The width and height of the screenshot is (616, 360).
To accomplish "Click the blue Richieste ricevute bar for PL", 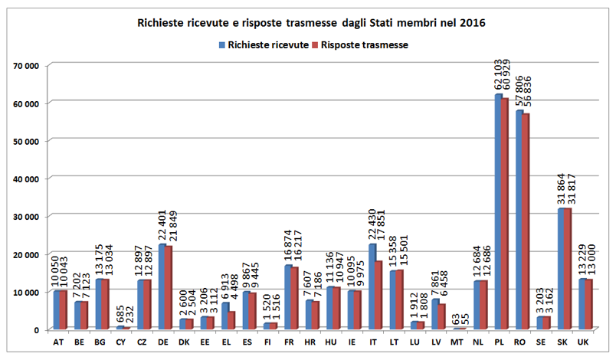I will [x=498, y=211].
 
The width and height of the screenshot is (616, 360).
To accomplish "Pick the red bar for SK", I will [x=568, y=269].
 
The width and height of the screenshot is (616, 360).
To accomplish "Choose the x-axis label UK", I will [x=585, y=341].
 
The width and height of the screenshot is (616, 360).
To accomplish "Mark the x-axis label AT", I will [x=59, y=341].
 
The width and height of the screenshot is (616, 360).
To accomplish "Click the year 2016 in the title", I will [x=473, y=24].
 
